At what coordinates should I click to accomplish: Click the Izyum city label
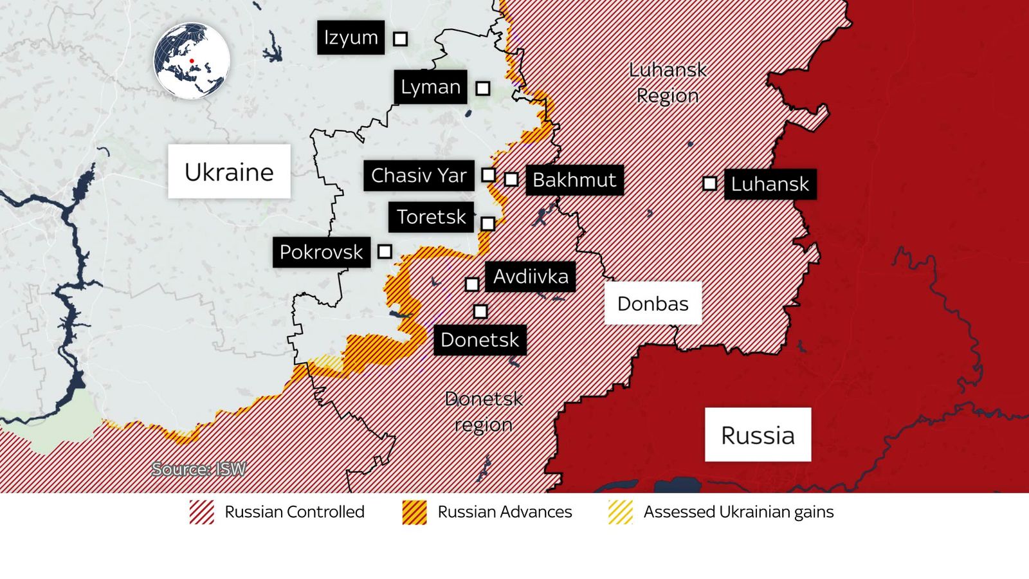point(351,37)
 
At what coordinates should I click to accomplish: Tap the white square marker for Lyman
point(483,88)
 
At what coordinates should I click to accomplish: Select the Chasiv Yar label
point(419,175)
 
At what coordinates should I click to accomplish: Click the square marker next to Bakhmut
point(511,179)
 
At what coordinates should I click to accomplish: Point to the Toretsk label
point(431,217)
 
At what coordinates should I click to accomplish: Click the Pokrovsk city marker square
point(385,252)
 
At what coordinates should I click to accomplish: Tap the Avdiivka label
point(531,277)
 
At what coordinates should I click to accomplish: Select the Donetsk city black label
point(480,340)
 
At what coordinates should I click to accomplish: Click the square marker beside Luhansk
point(709,183)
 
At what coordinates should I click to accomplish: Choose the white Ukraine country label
point(229,172)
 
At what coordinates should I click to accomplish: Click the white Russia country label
point(758,435)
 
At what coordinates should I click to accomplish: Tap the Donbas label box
point(653,303)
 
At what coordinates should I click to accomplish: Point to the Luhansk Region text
point(668,82)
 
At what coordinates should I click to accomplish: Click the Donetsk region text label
point(484,412)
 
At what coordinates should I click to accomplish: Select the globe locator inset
point(192,61)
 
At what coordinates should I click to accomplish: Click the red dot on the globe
point(192,61)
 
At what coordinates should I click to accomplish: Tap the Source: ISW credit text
point(199,469)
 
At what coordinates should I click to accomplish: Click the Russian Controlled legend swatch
point(202,512)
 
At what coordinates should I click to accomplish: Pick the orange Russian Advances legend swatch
point(415,512)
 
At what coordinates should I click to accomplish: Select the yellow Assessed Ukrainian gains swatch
point(621,512)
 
